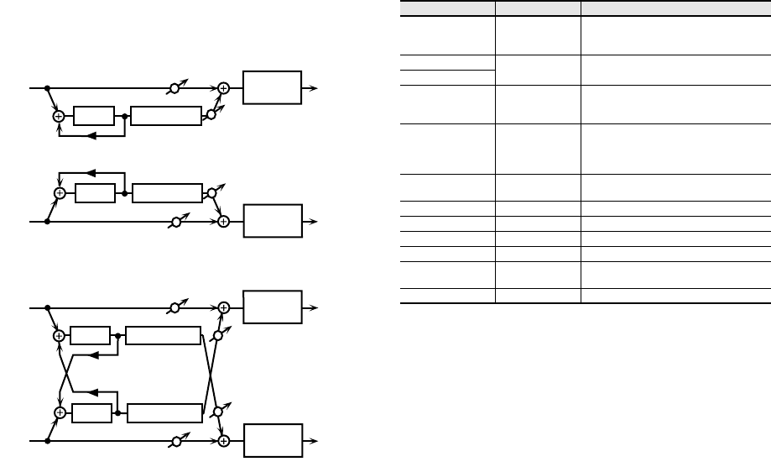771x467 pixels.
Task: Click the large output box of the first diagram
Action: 272,87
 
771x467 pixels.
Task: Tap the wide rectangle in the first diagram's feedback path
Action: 166,116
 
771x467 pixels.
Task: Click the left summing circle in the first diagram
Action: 59,117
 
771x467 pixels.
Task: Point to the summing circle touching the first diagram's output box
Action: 224,87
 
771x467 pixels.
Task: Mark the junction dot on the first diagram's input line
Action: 48,87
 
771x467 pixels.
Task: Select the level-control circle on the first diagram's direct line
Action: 175,87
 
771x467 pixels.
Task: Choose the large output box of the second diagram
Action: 272,222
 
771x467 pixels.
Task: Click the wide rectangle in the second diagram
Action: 166,192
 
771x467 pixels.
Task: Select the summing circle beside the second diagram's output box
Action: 224,222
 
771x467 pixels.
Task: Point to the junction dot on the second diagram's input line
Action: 48,222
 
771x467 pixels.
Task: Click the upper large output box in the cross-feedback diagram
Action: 272,307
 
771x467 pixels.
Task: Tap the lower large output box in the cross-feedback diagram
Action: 272,441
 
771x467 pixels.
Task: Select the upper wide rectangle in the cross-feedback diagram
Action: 164,336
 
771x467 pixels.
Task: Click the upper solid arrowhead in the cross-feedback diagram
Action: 93,355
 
